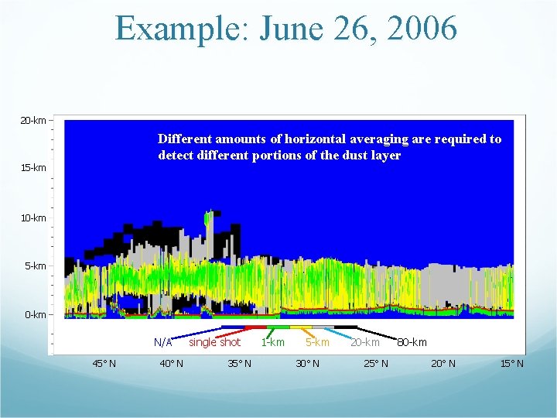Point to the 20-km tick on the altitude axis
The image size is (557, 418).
(x=33, y=121)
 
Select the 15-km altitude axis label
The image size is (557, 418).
(x=33, y=168)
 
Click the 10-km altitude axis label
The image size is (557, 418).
(x=33, y=218)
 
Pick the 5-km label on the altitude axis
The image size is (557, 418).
(x=36, y=266)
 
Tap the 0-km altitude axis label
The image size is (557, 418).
(x=36, y=315)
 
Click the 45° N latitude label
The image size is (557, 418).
(x=104, y=364)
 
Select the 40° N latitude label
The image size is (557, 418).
(x=171, y=364)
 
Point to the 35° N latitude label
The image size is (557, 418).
(x=239, y=364)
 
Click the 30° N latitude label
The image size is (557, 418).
(x=307, y=364)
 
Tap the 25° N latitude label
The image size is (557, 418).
(x=375, y=364)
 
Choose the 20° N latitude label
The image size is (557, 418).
(x=443, y=364)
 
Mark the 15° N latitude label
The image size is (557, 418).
(x=511, y=364)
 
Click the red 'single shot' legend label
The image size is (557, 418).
(x=214, y=342)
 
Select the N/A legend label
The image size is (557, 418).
(x=163, y=342)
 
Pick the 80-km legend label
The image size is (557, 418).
(x=412, y=342)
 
